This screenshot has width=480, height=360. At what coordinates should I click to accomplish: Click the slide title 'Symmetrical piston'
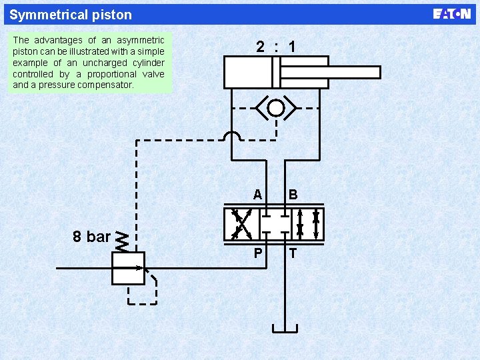(x=71, y=15)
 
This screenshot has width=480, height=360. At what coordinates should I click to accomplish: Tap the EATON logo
(x=451, y=14)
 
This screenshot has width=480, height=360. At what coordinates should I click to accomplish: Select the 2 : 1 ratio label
(x=276, y=47)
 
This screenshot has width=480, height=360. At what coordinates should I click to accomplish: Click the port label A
(x=257, y=195)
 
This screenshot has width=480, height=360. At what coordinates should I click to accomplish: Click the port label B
(x=293, y=195)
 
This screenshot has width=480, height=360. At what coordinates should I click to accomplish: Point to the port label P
(x=257, y=253)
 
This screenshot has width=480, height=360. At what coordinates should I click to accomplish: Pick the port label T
(x=293, y=253)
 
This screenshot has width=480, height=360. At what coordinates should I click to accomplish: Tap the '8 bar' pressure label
(x=91, y=237)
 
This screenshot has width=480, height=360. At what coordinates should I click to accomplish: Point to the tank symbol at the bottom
(x=285, y=327)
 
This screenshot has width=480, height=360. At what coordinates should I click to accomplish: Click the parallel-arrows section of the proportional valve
(x=308, y=224)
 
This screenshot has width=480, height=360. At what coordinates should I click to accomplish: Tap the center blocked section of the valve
(x=274, y=224)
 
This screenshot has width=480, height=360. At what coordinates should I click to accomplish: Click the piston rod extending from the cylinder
(x=353, y=72)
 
